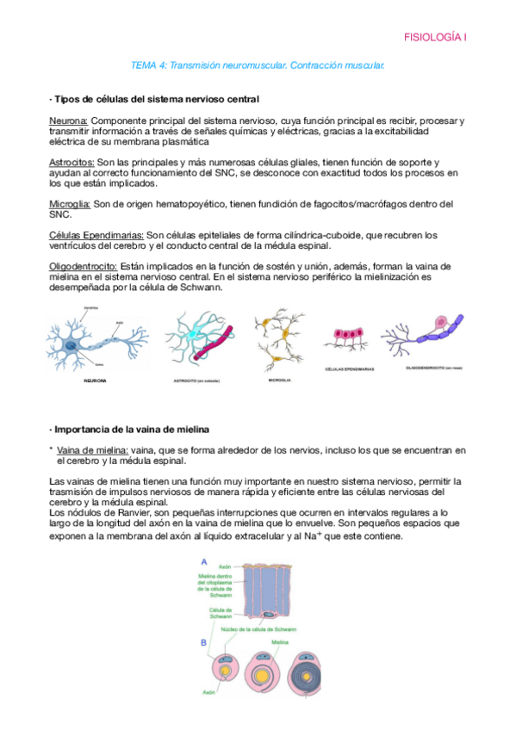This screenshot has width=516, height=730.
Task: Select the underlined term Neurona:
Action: point(69,121)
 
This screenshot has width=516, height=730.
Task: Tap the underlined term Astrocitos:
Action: point(72,163)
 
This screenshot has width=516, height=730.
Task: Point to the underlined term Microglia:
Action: point(71,205)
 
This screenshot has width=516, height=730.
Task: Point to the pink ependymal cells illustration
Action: point(349,337)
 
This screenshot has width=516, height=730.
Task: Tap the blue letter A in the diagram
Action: point(203,561)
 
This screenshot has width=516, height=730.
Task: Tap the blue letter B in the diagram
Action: point(203,643)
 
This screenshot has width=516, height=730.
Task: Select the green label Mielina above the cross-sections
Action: point(280,642)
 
